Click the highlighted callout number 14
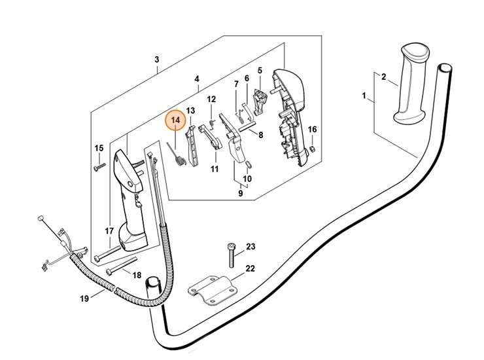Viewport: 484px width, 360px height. (x=175, y=122)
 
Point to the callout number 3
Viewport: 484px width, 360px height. (x=157, y=60)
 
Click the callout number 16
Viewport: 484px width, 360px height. (x=312, y=130)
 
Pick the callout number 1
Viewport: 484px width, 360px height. (x=364, y=96)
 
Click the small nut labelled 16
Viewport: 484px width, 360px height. (x=312, y=149)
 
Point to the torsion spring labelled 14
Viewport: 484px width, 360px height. (x=177, y=156)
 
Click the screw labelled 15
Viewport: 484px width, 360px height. (x=97, y=167)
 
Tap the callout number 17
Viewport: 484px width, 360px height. (x=110, y=231)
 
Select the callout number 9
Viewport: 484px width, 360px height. (x=241, y=194)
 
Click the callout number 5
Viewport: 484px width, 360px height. (x=260, y=71)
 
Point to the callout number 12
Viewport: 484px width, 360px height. (x=211, y=99)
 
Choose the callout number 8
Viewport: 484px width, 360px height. (x=260, y=135)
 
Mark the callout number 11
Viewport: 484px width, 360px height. (x=214, y=168)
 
